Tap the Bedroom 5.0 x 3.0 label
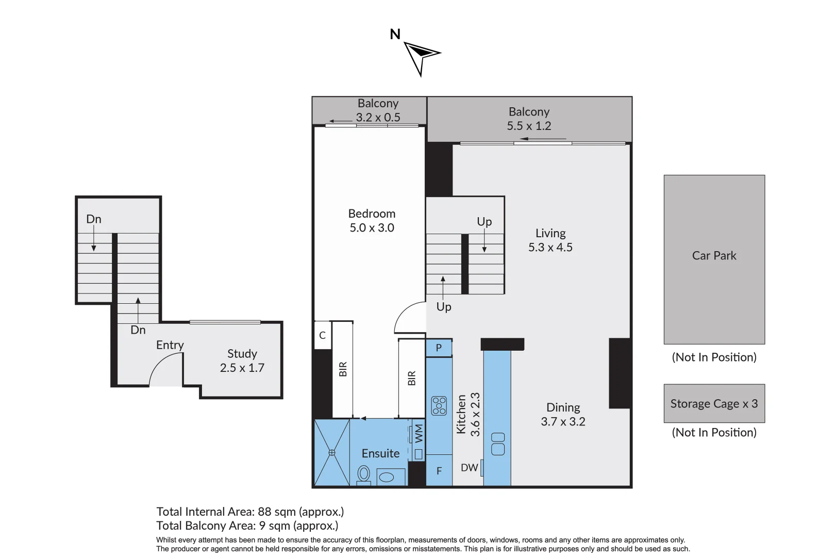pyautogui.click(x=372, y=221)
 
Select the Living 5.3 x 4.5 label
pyautogui.click(x=550, y=240)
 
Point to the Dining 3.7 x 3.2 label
pyautogui.click(x=563, y=415)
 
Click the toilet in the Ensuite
pyautogui.click(x=364, y=474)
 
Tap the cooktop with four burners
pyautogui.click(x=439, y=405)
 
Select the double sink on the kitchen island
pyautogui.click(x=498, y=444)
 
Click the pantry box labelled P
pyautogui.click(x=439, y=348)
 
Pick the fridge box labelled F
pyautogui.click(x=439, y=471)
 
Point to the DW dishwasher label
pyautogui.click(x=469, y=468)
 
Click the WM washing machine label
pyautogui.click(x=419, y=434)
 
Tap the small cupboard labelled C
pyautogui.click(x=322, y=336)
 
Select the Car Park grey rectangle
pyautogui.click(x=714, y=259)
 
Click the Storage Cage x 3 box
pyautogui.click(x=714, y=404)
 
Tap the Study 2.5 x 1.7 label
pyautogui.click(x=242, y=361)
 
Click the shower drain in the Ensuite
pyautogui.click(x=332, y=452)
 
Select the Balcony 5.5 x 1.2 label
pyautogui.click(x=529, y=119)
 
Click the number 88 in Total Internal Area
pyautogui.click(x=264, y=512)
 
